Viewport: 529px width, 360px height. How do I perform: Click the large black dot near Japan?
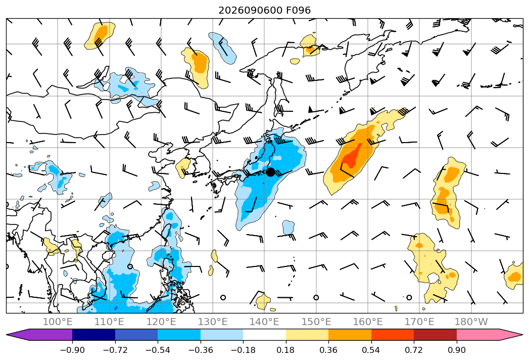point(271,172)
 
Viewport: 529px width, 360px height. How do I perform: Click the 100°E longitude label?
point(58,322)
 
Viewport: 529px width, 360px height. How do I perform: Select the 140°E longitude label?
point(264,322)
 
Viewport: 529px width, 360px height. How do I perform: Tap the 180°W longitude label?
point(471,322)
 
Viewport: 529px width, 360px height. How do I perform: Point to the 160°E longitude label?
point(368,322)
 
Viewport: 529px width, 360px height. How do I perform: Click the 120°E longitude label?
point(161,322)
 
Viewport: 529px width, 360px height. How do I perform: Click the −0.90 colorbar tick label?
point(72,350)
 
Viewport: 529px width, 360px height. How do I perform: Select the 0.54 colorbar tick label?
point(371,350)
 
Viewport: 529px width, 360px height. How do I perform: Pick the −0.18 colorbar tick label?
point(243,350)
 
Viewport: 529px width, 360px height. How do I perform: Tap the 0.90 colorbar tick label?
point(456,350)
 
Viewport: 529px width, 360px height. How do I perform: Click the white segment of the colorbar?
point(265,334)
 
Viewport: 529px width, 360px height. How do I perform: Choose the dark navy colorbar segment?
point(94,334)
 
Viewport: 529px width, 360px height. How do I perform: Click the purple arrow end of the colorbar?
point(39,334)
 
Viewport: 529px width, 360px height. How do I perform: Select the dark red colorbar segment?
point(435,334)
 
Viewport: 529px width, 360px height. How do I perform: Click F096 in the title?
point(298,11)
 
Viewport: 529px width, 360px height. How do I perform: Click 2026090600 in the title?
point(250,11)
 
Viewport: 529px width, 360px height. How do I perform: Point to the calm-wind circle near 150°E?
point(316,297)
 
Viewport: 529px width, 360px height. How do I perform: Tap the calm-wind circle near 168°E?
point(409,297)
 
